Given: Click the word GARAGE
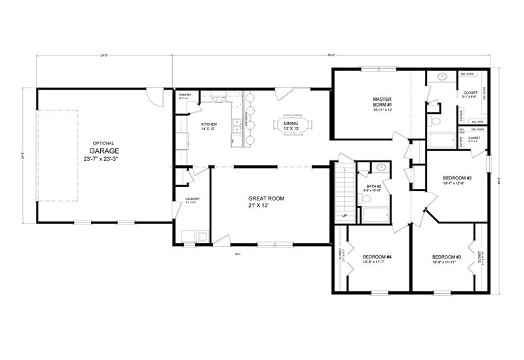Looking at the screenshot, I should [x=103, y=150].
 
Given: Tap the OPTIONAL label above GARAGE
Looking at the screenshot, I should [x=103, y=143].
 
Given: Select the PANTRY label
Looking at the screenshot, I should [x=185, y=96].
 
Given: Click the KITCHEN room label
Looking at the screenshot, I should [x=209, y=124].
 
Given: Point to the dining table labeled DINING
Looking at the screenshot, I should [x=290, y=124].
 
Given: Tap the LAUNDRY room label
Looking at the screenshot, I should [x=192, y=199].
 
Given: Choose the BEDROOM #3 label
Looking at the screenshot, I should [x=447, y=257].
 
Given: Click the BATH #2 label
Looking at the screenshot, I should [x=374, y=187].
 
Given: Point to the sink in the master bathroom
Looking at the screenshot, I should [x=443, y=77].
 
